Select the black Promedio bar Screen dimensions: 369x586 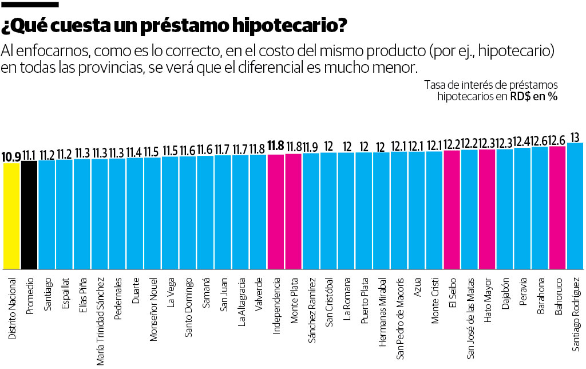pos(29,215)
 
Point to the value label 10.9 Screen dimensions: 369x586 pos(11,156)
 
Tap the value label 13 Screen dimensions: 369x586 pos(575,137)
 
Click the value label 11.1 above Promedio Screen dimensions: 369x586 pos(29,155)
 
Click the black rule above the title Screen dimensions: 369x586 pos(30,4)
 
